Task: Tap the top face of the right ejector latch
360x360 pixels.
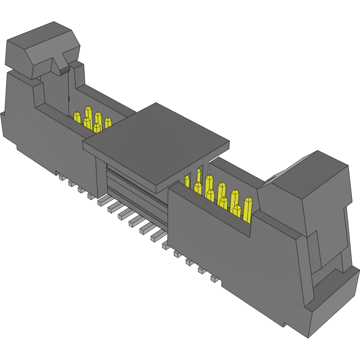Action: [x=311, y=170]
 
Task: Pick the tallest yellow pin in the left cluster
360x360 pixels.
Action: [x=88, y=113]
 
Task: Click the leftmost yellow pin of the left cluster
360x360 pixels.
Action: [x=77, y=116]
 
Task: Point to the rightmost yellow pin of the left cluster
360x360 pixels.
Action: [x=108, y=122]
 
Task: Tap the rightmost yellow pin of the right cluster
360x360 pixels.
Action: [x=247, y=209]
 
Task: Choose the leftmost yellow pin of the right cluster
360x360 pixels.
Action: [x=186, y=180]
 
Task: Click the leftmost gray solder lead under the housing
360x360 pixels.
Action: [x=62, y=177]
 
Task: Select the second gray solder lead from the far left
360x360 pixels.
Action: [x=71, y=183]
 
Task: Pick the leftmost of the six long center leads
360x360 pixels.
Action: [x=103, y=201]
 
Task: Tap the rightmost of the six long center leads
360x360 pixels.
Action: [x=157, y=236]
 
